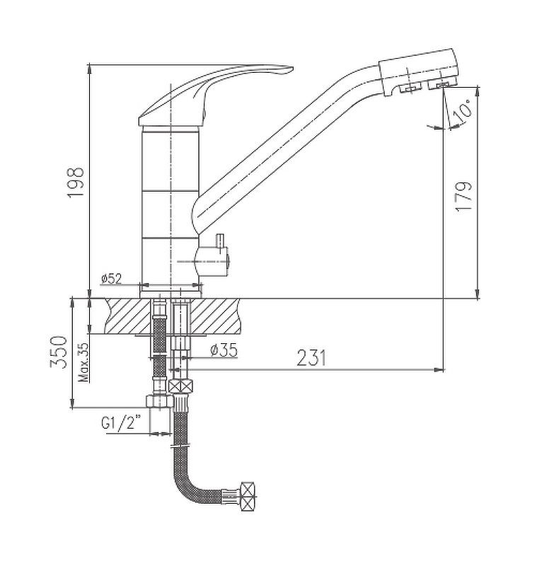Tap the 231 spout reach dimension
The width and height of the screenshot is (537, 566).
coord(311,358)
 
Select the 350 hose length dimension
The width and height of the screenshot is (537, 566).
coord(59,352)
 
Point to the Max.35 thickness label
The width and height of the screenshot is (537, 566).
coord(83,362)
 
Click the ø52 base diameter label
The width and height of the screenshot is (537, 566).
coord(112,278)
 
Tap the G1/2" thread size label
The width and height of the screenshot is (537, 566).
coord(120,422)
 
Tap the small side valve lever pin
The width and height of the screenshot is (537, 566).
coord(220,241)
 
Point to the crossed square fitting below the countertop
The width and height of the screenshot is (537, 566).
coord(181,386)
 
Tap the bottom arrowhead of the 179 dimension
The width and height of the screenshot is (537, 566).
coord(478,294)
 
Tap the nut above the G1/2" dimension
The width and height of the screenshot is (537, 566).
coord(159,402)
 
